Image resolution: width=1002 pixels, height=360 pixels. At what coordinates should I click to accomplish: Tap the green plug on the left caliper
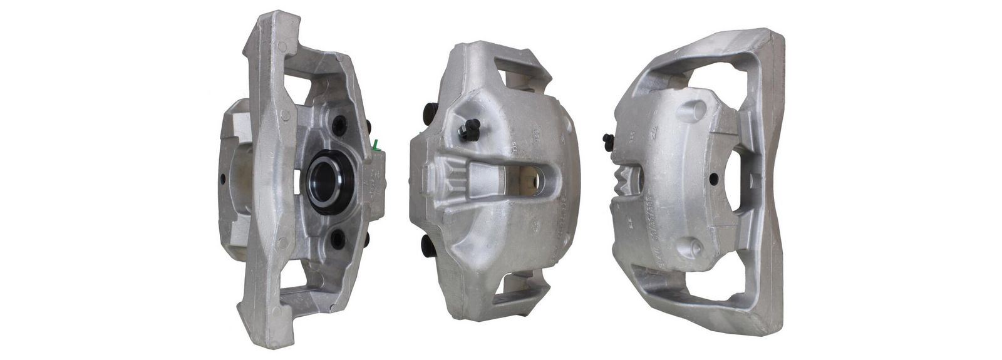(x=375, y=145)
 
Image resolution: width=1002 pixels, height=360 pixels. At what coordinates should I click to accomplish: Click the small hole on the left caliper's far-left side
(x=223, y=179)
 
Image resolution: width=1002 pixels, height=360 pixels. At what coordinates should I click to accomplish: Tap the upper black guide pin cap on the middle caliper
(x=431, y=113)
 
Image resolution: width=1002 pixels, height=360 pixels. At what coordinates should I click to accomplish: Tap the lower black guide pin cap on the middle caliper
(x=428, y=245)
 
